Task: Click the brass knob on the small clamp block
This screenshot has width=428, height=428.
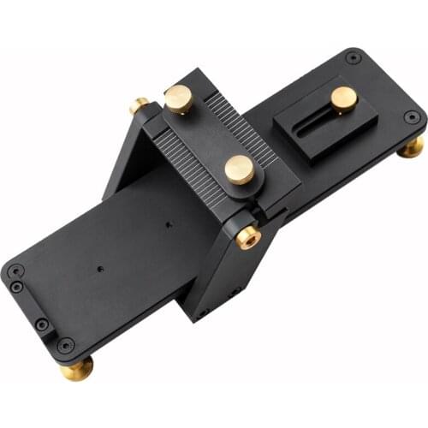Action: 343,98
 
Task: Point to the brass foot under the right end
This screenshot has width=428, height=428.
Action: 412,146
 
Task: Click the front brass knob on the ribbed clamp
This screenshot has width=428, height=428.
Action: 239,169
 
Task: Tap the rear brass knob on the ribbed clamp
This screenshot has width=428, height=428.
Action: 179,99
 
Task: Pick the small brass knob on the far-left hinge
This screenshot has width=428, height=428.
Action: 139,106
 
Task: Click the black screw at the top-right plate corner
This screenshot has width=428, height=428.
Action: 354,59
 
